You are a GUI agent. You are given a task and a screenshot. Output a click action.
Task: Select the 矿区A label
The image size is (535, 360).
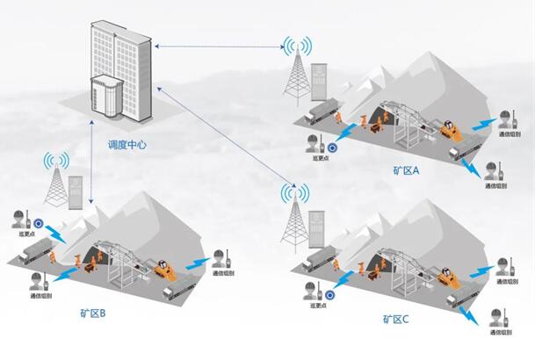[408, 171]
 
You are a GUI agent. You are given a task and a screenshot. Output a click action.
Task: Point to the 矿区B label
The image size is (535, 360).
[92, 312]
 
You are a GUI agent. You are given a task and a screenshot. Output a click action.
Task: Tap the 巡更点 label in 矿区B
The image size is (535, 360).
[25, 234]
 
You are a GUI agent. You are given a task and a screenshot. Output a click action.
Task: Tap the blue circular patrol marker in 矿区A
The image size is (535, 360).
[334, 146]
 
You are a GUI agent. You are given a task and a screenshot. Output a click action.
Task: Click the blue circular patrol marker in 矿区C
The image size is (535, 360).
[329, 295]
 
